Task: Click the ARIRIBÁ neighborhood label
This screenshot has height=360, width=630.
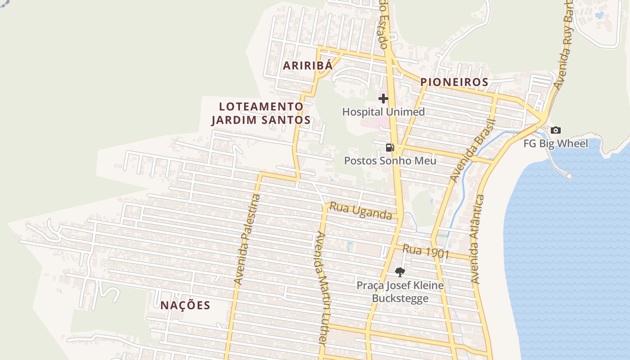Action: (x=308, y=65)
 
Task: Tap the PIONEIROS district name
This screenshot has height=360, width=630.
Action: (x=454, y=82)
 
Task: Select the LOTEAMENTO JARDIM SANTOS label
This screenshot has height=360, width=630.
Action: (x=261, y=113)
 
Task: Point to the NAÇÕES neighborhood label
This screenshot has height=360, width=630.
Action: (x=185, y=305)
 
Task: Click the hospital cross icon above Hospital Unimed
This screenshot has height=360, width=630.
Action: (x=383, y=98)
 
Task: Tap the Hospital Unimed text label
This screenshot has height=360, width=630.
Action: (x=383, y=112)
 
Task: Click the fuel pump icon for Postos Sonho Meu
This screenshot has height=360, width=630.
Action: (x=390, y=148)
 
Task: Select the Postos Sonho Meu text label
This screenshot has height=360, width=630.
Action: (x=390, y=161)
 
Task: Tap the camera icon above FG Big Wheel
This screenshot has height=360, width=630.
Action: (x=556, y=130)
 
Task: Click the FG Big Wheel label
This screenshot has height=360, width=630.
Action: (x=556, y=144)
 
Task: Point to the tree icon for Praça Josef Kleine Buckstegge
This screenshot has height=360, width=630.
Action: (x=400, y=272)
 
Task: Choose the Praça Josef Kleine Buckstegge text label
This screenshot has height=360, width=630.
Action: (x=400, y=292)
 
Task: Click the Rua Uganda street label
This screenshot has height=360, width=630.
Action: (x=361, y=211)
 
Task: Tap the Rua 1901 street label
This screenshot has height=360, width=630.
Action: (x=426, y=251)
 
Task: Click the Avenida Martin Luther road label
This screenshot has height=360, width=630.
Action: (x=320, y=288)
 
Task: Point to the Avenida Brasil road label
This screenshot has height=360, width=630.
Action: (x=472, y=152)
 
